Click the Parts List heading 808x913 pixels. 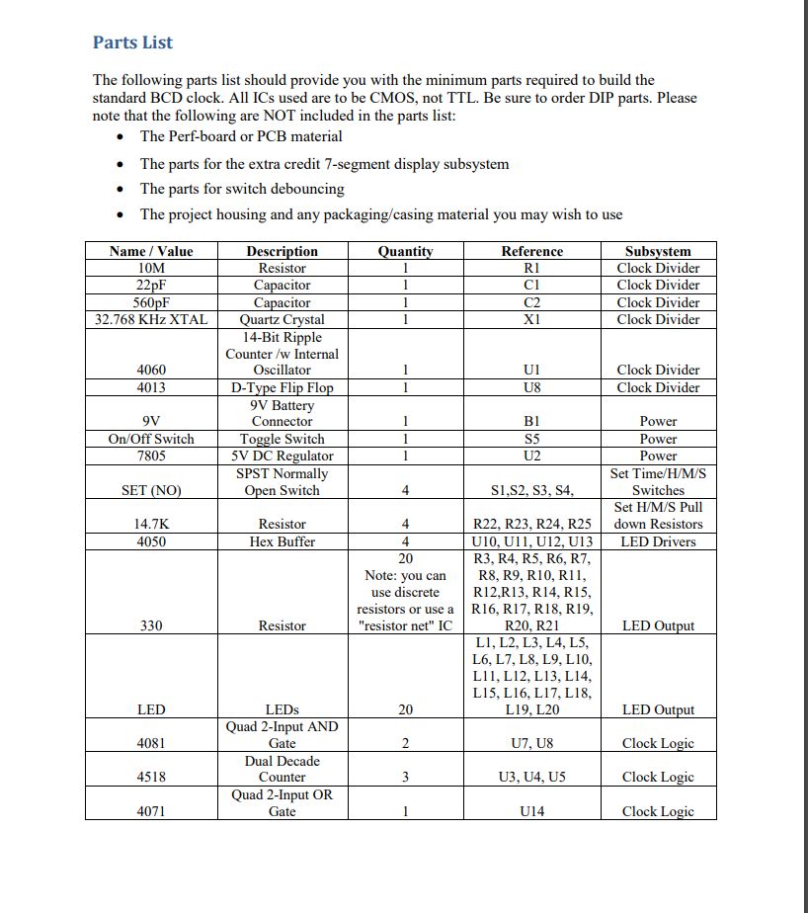[x=132, y=42]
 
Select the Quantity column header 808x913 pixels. [x=405, y=251]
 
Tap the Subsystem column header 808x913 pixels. [x=658, y=251]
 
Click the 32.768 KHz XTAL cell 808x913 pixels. [x=151, y=319]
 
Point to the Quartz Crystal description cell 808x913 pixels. [x=282, y=319]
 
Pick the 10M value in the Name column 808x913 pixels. [x=151, y=268]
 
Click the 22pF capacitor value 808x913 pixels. [x=151, y=286]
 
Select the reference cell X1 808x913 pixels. [x=531, y=319]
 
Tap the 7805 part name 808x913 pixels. [x=151, y=456]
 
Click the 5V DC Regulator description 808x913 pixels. [x=282, y=456]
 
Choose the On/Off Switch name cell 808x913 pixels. [x=151, y=439]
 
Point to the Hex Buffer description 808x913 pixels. [x=282, y=541]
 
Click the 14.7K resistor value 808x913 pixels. [x=151, y=524]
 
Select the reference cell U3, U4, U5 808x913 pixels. [x=531, y=778]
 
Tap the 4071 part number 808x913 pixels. [x=151, y=811]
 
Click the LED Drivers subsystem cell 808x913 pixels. [x=658, y=541]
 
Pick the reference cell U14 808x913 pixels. [x=531, y=811]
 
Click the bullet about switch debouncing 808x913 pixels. [x=242, y=189]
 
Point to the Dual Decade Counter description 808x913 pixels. [x=282, y=769]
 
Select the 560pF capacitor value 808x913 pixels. [x=151, y=302]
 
